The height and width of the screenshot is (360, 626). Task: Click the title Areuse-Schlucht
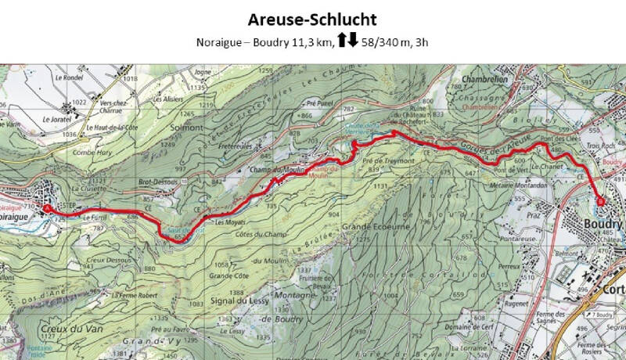click(313, 19)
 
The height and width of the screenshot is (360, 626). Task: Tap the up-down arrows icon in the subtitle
click(348, 41)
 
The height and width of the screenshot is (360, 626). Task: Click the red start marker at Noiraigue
click(46, 209)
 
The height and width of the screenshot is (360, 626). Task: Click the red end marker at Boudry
click(601, 201)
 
